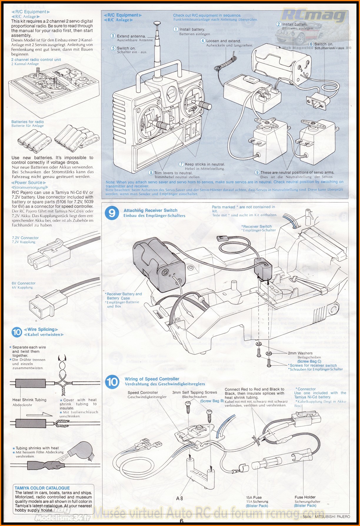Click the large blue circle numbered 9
(112, 213)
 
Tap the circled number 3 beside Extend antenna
(113, 36)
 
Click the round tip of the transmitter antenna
(158, 23)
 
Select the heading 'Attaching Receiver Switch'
(150, 210)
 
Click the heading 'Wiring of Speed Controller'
(152, 379)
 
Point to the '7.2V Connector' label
(25, 238)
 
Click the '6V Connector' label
(24, 283)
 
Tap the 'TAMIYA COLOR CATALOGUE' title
(42, 488)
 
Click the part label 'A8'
(179, 498)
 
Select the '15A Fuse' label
(254, 497)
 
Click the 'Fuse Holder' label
(305, 497)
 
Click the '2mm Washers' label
(300, 353)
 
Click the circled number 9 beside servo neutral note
(257, 172)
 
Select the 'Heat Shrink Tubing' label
(29, 400)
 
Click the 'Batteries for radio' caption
(28, 122)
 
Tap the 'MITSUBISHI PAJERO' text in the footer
(332, 516)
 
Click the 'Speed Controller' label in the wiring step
(143, 393)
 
